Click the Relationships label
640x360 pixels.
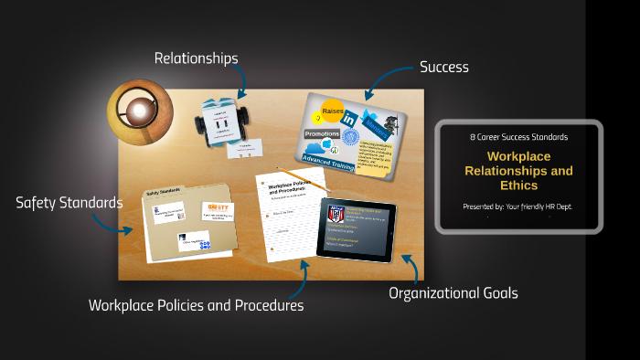pos(196,58)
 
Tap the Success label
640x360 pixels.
pos(443,67)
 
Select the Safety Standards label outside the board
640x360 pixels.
pos(69,202)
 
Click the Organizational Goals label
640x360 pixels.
pos(453,293)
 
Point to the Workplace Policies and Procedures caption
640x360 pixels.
pos(196,305)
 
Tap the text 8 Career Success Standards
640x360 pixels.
pos(518,136)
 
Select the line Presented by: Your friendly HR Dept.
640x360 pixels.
pos(518,206)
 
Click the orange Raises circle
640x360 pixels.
pos(331,111)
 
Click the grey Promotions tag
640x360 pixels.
pos(322,133)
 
